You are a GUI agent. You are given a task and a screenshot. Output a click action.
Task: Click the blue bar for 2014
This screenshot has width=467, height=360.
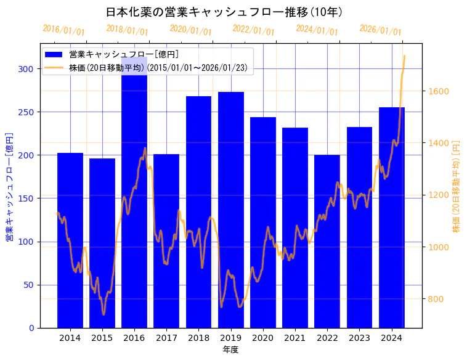pyautogui.click(x=70, y=240)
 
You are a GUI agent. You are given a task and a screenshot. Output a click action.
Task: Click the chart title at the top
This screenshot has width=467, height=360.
pyautogui.click(x=224, y=12)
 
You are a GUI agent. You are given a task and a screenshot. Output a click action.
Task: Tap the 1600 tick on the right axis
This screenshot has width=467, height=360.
pyautogui.click(x=439, y=91)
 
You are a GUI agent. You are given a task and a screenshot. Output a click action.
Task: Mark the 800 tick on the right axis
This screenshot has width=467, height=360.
pyautogui.click(x=436, y=299)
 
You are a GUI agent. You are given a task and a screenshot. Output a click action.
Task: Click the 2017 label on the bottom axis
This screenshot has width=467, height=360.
pyautogui.click(x=166, y=338)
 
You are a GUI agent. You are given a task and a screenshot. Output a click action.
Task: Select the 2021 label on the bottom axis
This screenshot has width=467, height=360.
pyautogui.click(x=295, y=338)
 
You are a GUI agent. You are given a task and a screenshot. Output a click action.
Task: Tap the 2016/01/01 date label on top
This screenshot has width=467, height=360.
pyautogui.click(x=63, y=30)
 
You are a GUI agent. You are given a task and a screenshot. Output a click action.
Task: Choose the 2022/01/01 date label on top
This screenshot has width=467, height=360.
pyautogui.click(x=253, y=30)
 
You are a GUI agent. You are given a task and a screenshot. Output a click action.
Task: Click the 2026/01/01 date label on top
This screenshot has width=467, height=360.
pyautogui.click(x=380, y=30)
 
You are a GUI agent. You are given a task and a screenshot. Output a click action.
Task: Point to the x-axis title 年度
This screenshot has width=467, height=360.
pyautogui.click(x=230, y=350)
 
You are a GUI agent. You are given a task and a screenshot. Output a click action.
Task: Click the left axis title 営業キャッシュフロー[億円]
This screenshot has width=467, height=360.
pyautogui.click(x=10, y=186)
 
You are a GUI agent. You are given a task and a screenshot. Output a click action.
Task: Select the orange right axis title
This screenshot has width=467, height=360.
pyautogui.click(x=457, y=186)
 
